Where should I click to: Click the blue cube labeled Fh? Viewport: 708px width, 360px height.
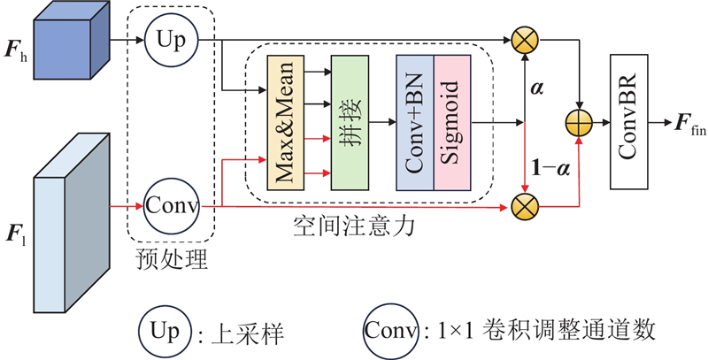coord(72,41)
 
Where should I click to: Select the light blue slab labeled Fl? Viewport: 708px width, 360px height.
coord(72,223)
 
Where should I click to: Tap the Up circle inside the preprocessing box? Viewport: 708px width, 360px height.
coord(172,40)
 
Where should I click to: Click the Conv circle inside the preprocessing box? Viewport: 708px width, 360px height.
coord(172,206)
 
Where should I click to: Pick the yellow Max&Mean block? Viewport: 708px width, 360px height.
coord(285,123)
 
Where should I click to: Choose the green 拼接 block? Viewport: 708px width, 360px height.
coord(350,123)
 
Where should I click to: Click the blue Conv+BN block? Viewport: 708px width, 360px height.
coord(415,123)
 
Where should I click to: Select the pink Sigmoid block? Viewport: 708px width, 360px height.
coord(452,123)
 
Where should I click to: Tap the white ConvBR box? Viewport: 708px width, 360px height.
coord(629,122)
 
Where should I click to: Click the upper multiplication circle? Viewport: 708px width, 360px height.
coord(525,40)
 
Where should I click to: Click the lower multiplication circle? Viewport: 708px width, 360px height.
coord(525,207)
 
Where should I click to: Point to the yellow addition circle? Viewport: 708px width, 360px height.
coord(579,122)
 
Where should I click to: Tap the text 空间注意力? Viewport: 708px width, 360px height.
coord(353,227)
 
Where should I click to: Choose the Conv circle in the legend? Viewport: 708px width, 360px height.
coord(391,331)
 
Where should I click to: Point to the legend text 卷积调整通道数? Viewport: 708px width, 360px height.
coord(569,332)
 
